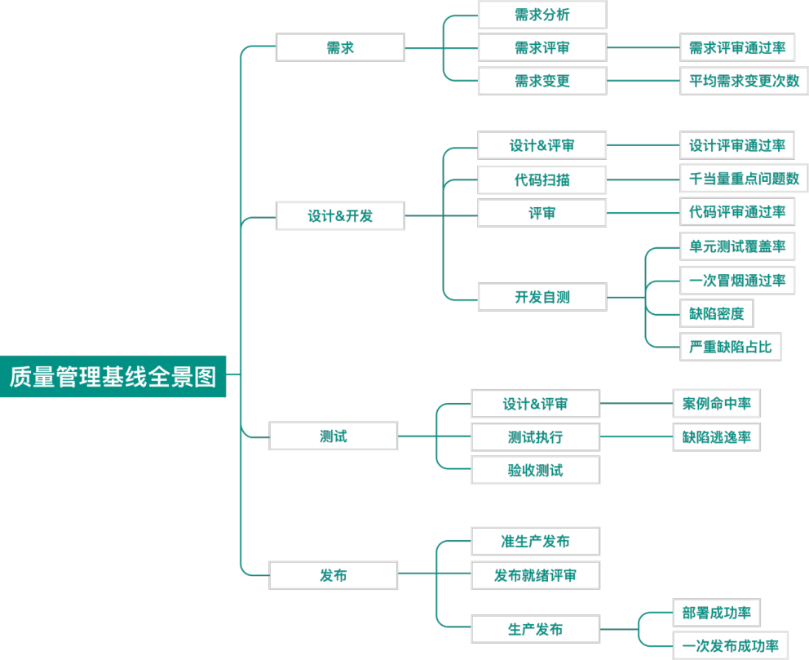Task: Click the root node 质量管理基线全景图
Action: pos(113,376)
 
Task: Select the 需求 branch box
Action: pos(340,47)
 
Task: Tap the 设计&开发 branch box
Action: pos(340,216)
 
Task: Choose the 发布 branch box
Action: pos(334,575)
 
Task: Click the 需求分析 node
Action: pos(542,15)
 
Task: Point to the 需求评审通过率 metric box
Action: pos(737,47)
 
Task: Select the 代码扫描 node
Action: pos(542,179)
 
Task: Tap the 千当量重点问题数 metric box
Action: pos(744,179)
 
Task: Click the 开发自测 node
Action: pos(542,297)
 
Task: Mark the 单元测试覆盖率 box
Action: pos(737,246)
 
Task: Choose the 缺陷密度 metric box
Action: pos(716,313)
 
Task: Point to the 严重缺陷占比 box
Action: pos(730,347)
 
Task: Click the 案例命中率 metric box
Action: pos(716,403)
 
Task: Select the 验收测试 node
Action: pos(535,470)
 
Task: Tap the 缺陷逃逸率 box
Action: pos(716,436)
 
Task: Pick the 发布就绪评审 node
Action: pos(535,575)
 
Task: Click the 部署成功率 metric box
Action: pos(716,612)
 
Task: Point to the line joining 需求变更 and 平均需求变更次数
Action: pos(643,81)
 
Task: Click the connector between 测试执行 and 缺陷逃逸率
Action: pos(636,436)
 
